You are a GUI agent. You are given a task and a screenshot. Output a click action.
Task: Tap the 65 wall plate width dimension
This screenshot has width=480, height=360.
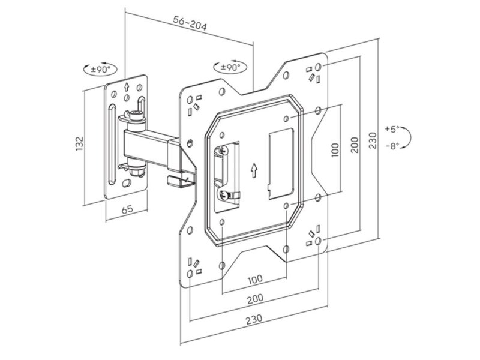tap(127, 209)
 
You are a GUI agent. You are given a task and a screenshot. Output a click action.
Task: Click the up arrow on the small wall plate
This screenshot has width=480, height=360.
tap(125, 86)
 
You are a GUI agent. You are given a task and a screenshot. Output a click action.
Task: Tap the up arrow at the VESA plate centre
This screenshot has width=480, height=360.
tap(254, 169)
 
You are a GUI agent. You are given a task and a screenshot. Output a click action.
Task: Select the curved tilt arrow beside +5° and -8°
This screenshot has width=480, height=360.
tap(406, 137)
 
